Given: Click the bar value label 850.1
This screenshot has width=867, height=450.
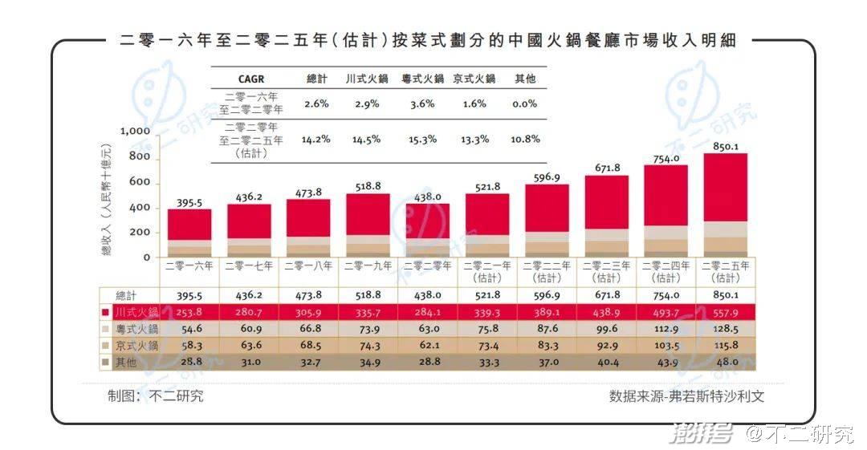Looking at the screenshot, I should point(726,147).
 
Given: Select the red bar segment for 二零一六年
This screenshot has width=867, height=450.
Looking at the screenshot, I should point(189,225).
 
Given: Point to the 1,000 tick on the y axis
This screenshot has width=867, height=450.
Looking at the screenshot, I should point(134,131).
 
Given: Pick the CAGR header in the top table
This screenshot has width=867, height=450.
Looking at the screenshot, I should point(250,79).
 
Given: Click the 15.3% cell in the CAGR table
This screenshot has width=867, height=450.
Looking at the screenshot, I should point(421,139).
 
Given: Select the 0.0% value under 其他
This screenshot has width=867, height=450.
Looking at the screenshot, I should point(523,103).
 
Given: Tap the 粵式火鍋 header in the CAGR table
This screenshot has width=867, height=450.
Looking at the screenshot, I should point(422,79).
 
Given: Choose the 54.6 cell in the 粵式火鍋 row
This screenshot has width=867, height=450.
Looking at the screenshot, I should point(189,329).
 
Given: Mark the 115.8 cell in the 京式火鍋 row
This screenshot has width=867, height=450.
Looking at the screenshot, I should point(726,346).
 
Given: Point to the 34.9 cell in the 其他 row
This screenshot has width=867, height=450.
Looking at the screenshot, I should point(368,363).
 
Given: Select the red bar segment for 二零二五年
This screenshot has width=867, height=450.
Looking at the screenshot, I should point(726,187).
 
